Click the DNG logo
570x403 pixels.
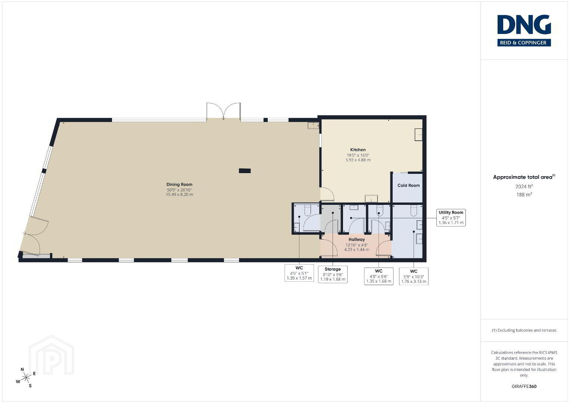(524, 30)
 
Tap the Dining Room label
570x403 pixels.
(180, 184)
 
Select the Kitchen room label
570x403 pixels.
(358, 150)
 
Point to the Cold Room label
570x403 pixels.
(409, 185)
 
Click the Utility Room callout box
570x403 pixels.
(451, 218)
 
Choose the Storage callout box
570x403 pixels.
(333, 274)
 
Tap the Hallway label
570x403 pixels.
(356, 240)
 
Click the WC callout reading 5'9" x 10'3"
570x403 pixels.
(414, 276)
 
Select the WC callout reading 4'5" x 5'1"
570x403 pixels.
(299, 273)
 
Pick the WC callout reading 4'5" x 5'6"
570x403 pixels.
(379, 276)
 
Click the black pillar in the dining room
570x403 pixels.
(245, 171)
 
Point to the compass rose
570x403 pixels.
(25, 378)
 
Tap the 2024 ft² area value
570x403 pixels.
(524, 187)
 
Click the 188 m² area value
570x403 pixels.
(524, 195)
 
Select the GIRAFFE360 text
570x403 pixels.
(524, 387)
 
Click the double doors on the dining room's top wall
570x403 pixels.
(224, 111)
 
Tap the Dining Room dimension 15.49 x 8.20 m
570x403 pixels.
(180, 195)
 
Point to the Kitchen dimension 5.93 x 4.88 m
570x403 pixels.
(358, 160)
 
